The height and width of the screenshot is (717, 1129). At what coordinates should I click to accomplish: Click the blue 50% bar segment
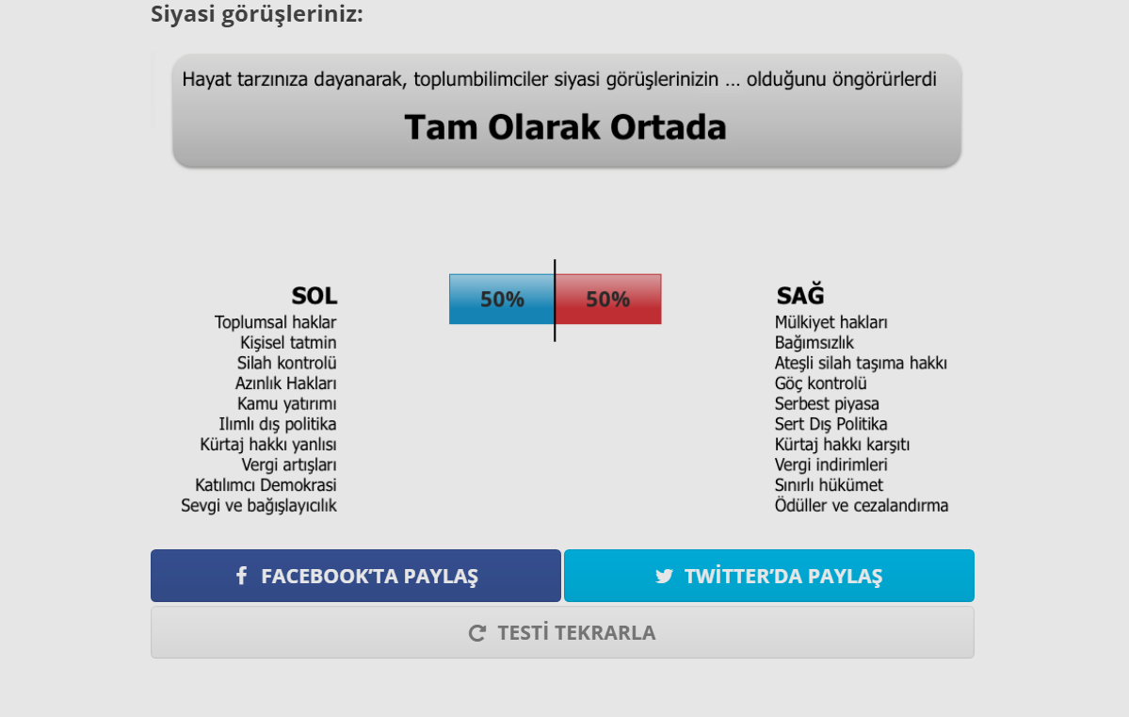click(502, 300)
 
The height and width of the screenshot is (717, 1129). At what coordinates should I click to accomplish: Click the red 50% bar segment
click(608, 300)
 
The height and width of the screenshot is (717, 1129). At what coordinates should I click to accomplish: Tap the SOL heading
click(314, 296)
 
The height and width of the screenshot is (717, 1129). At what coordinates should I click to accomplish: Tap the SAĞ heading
click(800, 296)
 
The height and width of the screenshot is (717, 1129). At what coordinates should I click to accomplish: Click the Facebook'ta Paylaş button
click(356, 576)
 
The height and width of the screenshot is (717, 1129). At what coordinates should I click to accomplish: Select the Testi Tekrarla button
click(562, 632)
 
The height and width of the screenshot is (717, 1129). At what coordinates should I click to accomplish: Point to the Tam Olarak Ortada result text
click(566, 128)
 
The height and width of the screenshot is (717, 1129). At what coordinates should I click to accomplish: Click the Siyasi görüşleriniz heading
click(257, 14)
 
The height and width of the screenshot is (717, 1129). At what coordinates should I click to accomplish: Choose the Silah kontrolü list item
click(286, 363)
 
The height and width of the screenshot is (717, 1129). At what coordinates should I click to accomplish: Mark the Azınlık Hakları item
click(285, 383)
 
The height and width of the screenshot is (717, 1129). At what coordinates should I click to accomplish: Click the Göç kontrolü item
click(820, 383)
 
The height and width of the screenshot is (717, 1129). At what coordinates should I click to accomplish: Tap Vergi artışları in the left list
click(288, 464)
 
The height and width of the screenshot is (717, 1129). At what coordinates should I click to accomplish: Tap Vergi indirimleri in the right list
click(831, 464)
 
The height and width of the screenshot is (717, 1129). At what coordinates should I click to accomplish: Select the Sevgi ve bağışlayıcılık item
click(258, 506)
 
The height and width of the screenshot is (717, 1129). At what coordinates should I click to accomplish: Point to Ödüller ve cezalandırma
click(862, 506)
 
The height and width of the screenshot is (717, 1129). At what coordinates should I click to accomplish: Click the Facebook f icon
click(241, 576)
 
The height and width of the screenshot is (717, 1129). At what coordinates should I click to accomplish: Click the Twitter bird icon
click(664, 576)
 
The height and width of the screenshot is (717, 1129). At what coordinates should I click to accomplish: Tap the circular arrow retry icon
click(477, 633)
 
